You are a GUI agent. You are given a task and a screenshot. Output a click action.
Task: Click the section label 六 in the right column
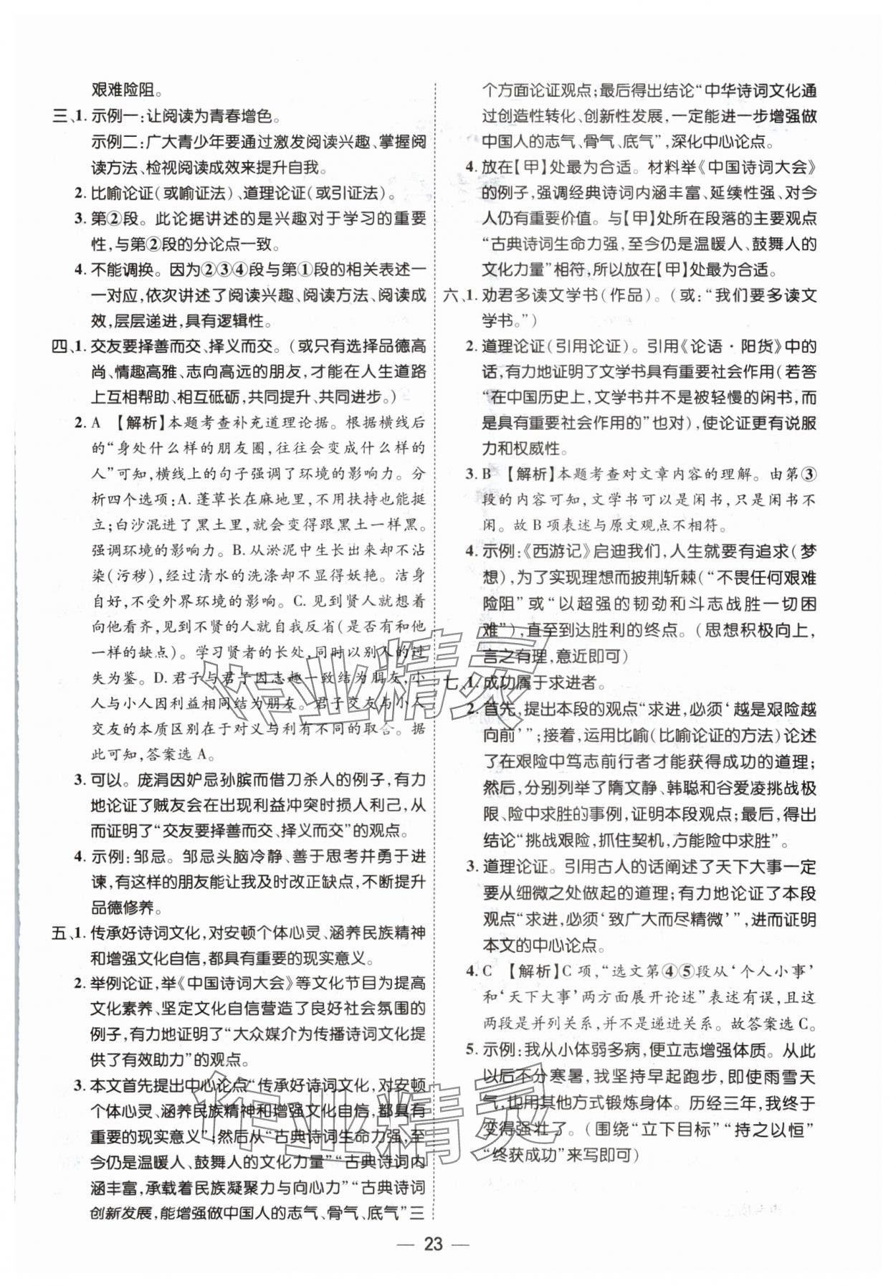click(x=451, y=295)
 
